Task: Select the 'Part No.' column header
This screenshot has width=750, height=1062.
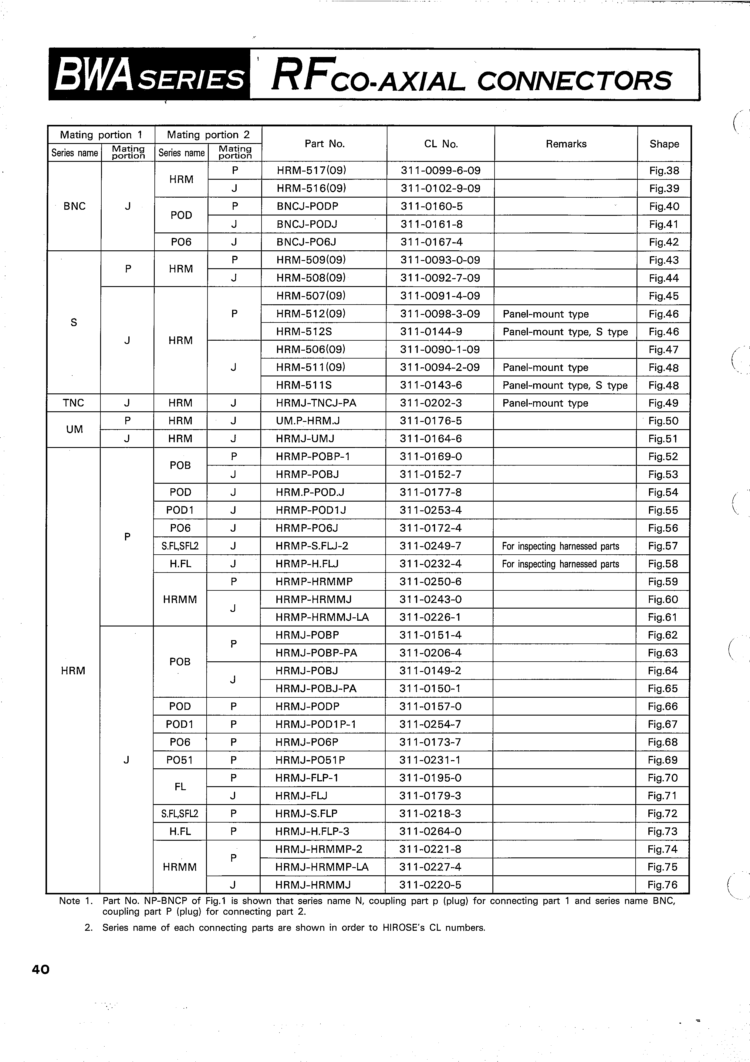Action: [x=325, y=144]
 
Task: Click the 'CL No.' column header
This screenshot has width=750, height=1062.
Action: [x=441, y=144]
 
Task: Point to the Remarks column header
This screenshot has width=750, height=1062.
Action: [x=566, y=144]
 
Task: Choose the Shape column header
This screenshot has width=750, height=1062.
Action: [x=664, y=144]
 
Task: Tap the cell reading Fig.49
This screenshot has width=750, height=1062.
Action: [x=663, y=403]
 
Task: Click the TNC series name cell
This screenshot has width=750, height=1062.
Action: [x=74, y=403]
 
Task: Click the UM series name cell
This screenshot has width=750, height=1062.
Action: [x=74, y=429]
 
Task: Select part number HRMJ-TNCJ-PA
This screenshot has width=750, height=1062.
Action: [x=316, y=403]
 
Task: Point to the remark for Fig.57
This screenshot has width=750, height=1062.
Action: [x=560, y=546]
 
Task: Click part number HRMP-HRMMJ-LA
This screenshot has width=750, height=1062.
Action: [x=322, y=617]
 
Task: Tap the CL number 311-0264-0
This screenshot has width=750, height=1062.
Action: [x=431, y=831]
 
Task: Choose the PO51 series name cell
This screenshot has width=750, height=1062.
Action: [x=180, y=760]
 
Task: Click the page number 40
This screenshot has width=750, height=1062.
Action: [x=41, y=969]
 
